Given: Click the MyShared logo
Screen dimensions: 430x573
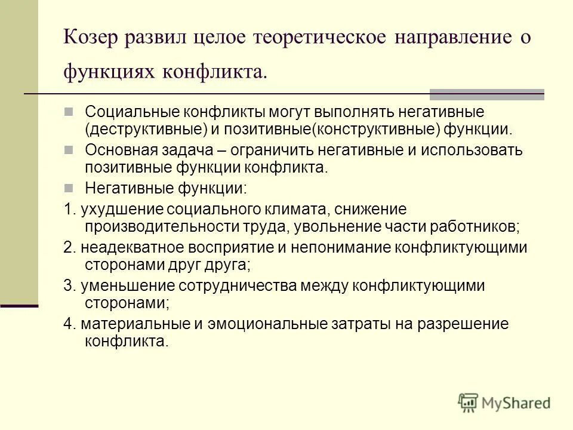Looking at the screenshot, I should point(504,403).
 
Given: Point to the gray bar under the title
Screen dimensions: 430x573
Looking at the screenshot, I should point(486,93).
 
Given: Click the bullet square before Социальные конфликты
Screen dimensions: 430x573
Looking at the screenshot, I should point(68,111).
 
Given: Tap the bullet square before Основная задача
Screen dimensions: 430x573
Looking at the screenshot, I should point(68,149).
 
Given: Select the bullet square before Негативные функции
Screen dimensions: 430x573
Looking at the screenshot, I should point(68,187).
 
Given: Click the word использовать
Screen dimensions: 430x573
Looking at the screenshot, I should point(465,149).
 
